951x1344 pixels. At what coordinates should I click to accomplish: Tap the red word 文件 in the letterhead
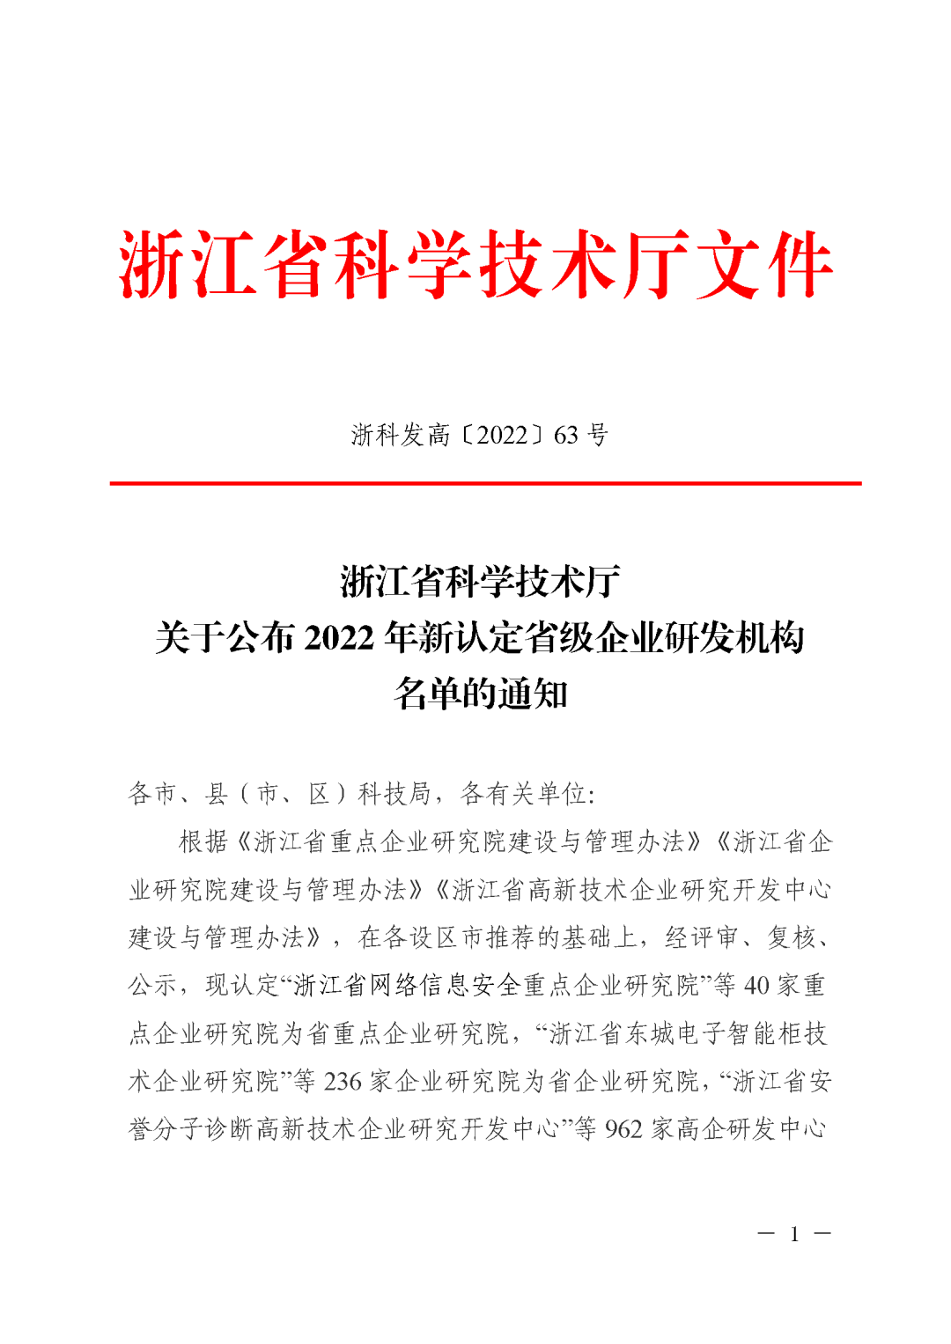pos(764,264)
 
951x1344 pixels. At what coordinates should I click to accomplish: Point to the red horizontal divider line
pos(485,483)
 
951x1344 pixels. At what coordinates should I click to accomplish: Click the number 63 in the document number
pos(566,435)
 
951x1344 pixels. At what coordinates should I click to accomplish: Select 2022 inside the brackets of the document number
pos(502,435)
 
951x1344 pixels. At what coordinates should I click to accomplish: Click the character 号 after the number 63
pos(598,435)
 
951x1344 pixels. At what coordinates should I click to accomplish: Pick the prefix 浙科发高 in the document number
pos(401,435)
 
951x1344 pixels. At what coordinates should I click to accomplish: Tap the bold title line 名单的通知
pos(481,694)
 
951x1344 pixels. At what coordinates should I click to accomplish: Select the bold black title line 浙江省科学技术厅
pos(481,581)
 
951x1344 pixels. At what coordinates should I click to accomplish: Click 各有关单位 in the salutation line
pos(524,794)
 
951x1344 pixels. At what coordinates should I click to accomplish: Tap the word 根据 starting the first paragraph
pos(203,842)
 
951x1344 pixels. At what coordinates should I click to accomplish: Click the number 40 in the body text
pos(756,986)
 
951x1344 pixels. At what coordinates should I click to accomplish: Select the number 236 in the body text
pos(343,1082)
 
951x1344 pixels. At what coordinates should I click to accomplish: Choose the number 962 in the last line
pos(623,1129)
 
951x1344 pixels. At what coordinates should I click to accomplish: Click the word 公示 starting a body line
pos(153,986)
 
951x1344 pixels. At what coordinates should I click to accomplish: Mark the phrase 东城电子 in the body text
pos(675,1033)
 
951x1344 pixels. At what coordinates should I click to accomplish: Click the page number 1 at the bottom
pos(794,1235)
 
